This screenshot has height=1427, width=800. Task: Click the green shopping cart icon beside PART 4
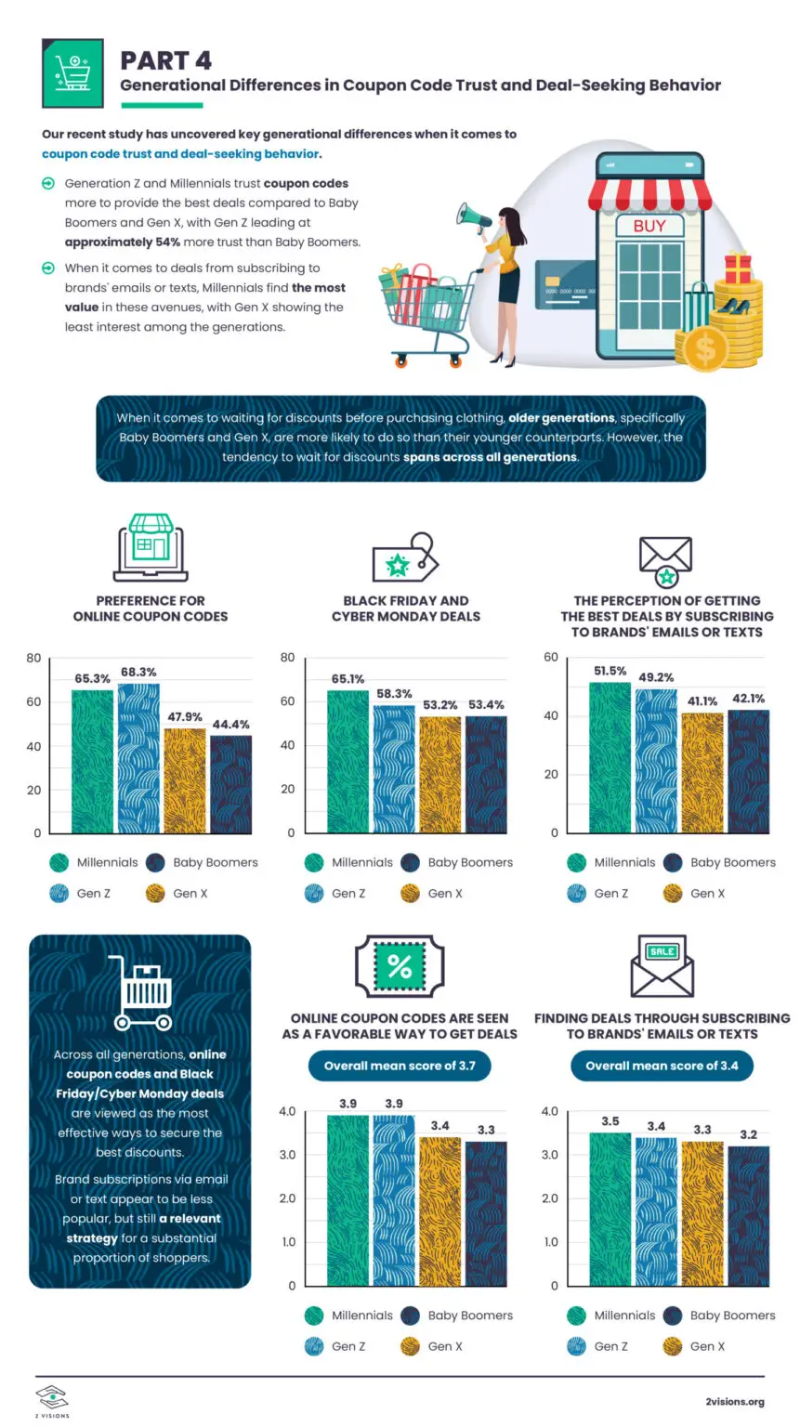tap(72, 73)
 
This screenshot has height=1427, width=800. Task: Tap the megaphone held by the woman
tap(473, 218)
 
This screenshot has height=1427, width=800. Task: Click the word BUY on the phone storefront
tap(649, 226)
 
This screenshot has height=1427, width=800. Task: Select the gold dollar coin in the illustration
tap(704, 349)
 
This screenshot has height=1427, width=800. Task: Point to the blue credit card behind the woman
tap(564, 284)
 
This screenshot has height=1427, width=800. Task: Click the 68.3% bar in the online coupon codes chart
tap(138, 758)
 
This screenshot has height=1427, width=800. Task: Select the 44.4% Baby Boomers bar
tap(230, 784)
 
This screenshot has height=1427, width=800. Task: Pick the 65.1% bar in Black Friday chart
tap(348, 761)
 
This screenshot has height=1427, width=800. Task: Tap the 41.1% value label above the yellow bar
tap(702, 700)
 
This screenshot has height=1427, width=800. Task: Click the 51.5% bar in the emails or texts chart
tap(610, 757)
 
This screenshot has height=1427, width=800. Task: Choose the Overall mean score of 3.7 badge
tap(400, 1066)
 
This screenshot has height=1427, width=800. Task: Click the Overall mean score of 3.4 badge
tap(662, 1066)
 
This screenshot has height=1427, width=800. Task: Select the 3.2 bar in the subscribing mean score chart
tap(748, 1216)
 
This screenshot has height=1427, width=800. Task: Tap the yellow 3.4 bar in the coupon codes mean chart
tap(439, 1211)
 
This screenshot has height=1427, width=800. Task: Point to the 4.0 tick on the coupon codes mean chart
tap(287, 1111)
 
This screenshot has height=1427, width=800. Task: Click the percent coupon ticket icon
tap(400, 966)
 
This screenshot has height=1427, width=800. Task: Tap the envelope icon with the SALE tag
tap(662, 965)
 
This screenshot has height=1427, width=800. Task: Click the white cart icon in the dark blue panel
tap(143, 992)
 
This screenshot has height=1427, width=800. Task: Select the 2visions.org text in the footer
tap(734, 1402)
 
